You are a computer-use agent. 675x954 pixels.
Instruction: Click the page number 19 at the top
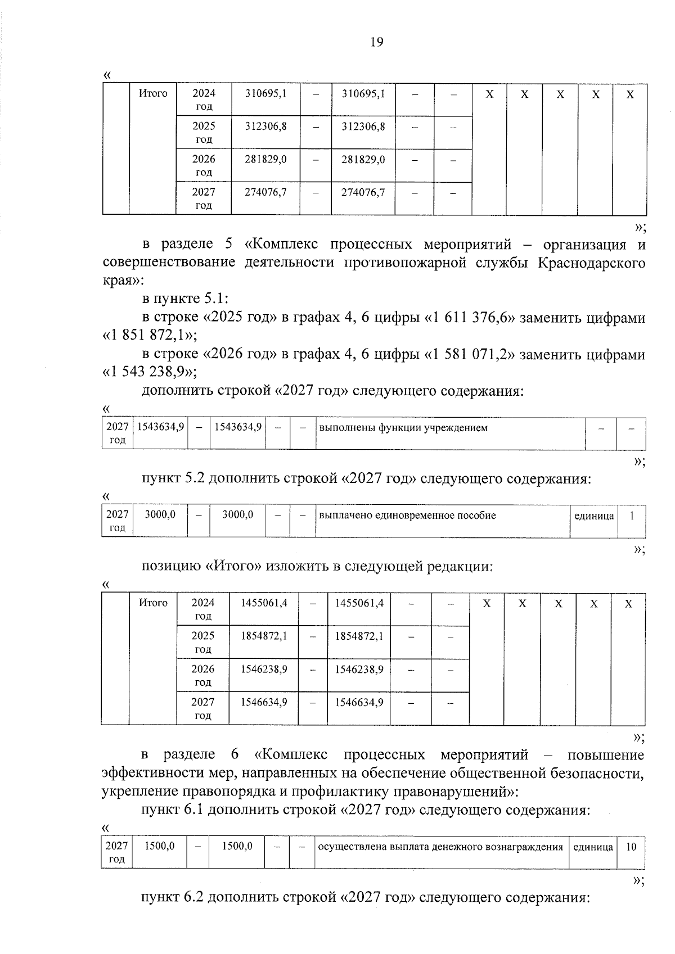[x=377, y=42]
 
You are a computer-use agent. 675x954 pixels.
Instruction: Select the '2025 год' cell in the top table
[x=204, y=132]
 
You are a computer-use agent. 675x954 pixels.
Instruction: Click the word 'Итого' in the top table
[x=153, y=94]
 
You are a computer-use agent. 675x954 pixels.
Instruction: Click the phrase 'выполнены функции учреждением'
[x=403, y=428]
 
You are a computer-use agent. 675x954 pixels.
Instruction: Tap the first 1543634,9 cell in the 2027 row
[x=160, y=427]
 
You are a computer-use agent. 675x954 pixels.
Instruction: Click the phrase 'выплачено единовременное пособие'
[x=407, y=516]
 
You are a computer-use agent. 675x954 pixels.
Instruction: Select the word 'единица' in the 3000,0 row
[x=593, y=516]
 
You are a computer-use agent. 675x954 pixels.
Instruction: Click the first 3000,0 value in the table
[x=160, y=515]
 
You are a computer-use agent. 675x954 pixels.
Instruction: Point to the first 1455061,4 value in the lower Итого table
[x=264, y=603]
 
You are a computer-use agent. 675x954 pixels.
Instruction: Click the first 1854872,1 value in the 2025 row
[x=264, y=636]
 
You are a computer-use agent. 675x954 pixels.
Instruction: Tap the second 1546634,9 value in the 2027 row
[x=359, y=702]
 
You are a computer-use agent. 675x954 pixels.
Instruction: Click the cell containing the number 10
[x=631, y=847]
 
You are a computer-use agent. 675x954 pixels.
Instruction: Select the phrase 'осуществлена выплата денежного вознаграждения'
[x=440, y=847]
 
